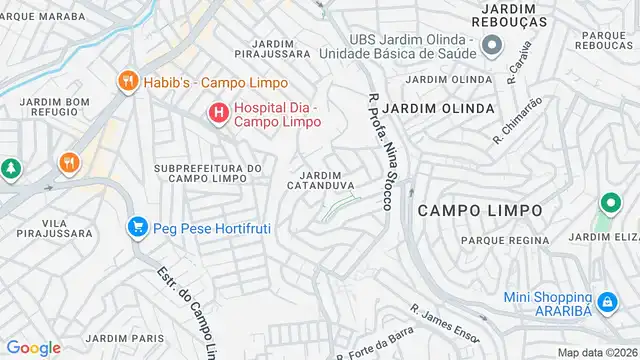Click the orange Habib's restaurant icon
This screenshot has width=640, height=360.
click(127, 82)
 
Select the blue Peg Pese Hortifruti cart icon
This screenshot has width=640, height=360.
click(137, 227)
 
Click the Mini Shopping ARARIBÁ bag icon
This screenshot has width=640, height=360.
click(606, 299)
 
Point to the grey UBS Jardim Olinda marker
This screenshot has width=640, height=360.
click(491, 45)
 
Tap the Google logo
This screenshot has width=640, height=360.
click(34, 347)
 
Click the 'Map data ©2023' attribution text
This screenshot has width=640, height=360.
click(597, 352)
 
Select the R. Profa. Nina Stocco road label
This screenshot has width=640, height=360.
click(378, 150)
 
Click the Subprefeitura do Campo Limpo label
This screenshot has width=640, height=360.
click(208, 173)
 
